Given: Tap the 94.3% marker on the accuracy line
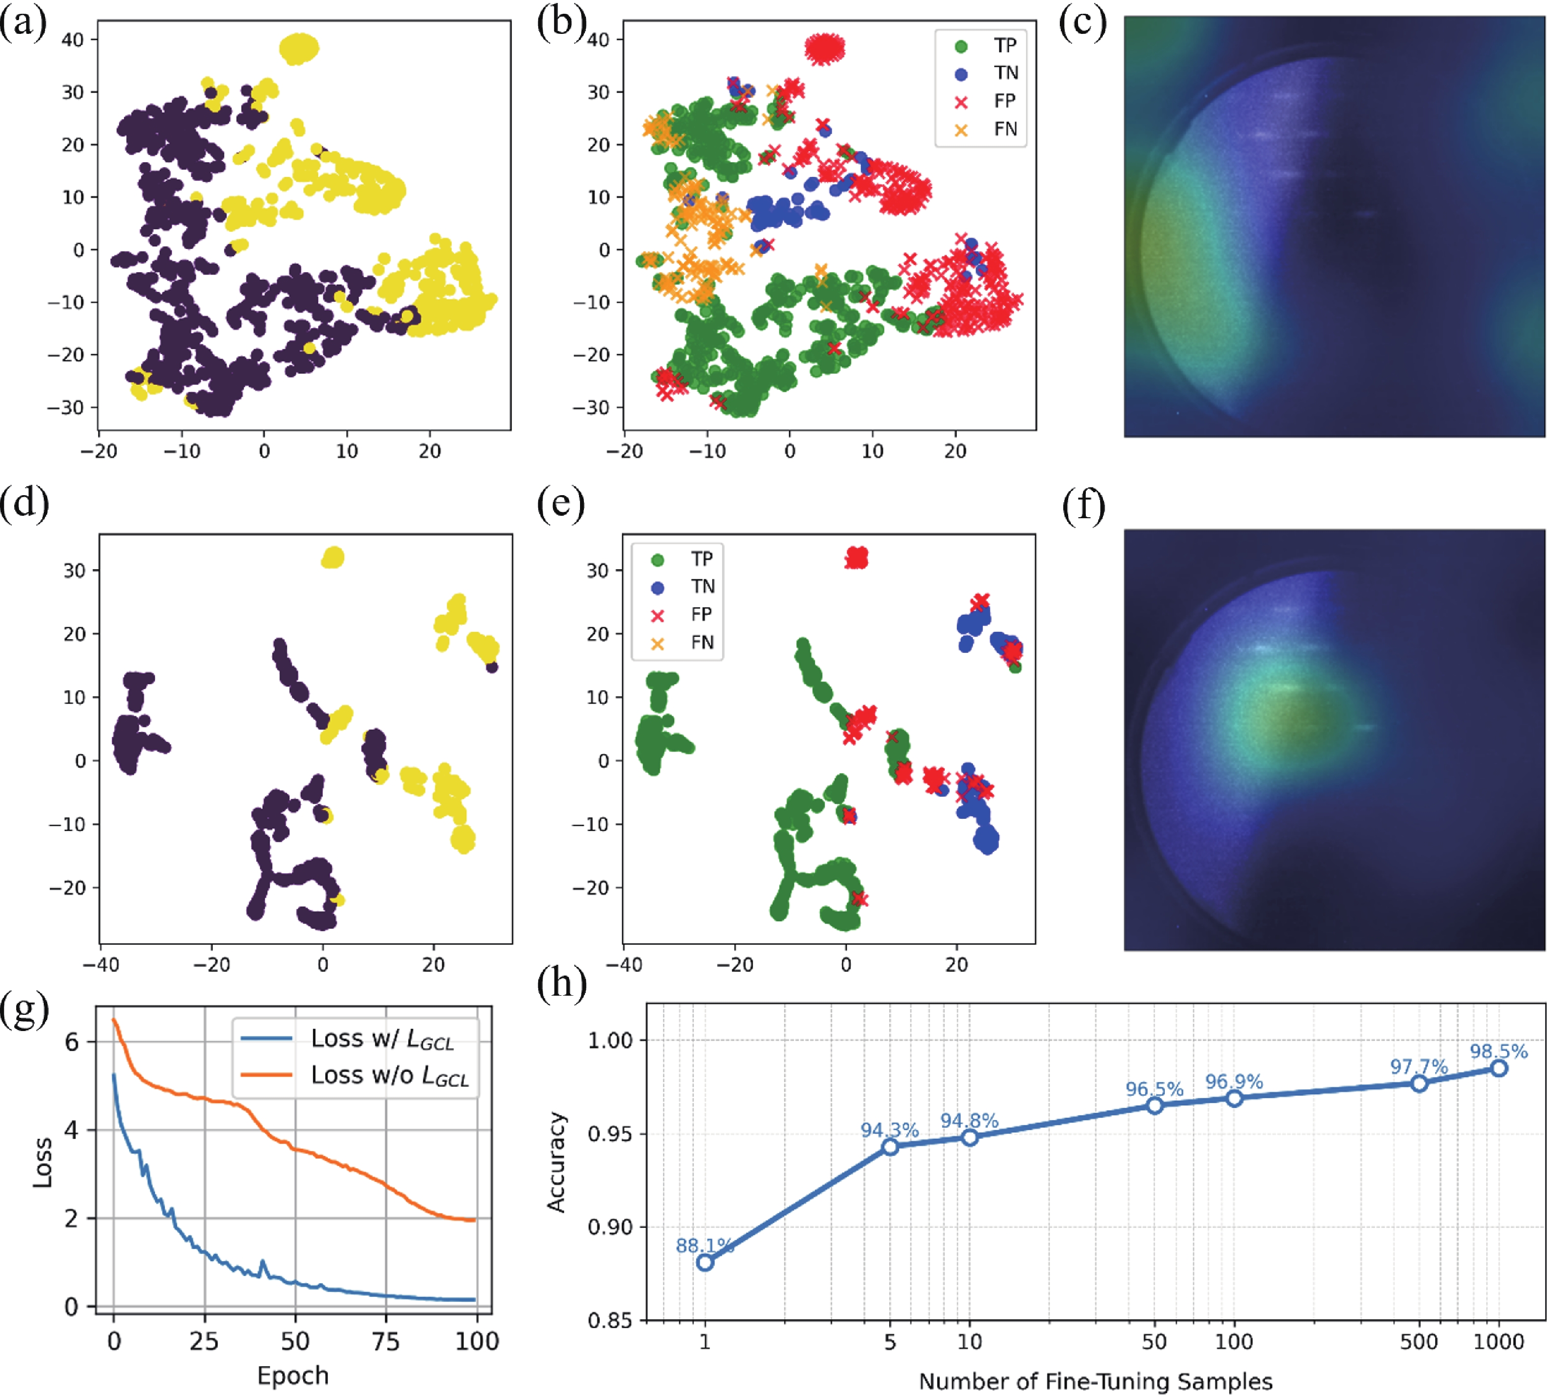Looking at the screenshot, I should [889, 1147].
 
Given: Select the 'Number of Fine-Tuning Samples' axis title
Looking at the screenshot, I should [1095, 1382].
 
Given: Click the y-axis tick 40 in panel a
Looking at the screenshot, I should [73, 39].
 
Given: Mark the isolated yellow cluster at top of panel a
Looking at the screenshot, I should [299, 48].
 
